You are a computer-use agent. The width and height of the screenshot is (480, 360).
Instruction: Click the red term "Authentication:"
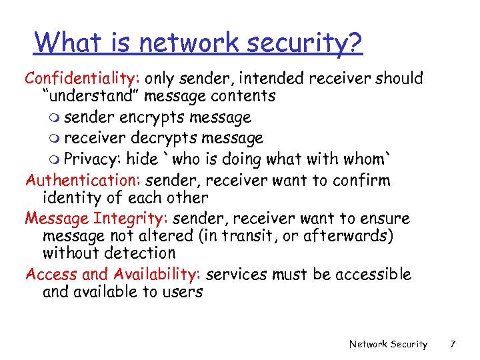click(83, 181)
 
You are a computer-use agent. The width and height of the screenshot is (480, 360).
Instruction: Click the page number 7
click(453, 344)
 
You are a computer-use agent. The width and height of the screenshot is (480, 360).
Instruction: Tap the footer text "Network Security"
click(388, 344)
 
